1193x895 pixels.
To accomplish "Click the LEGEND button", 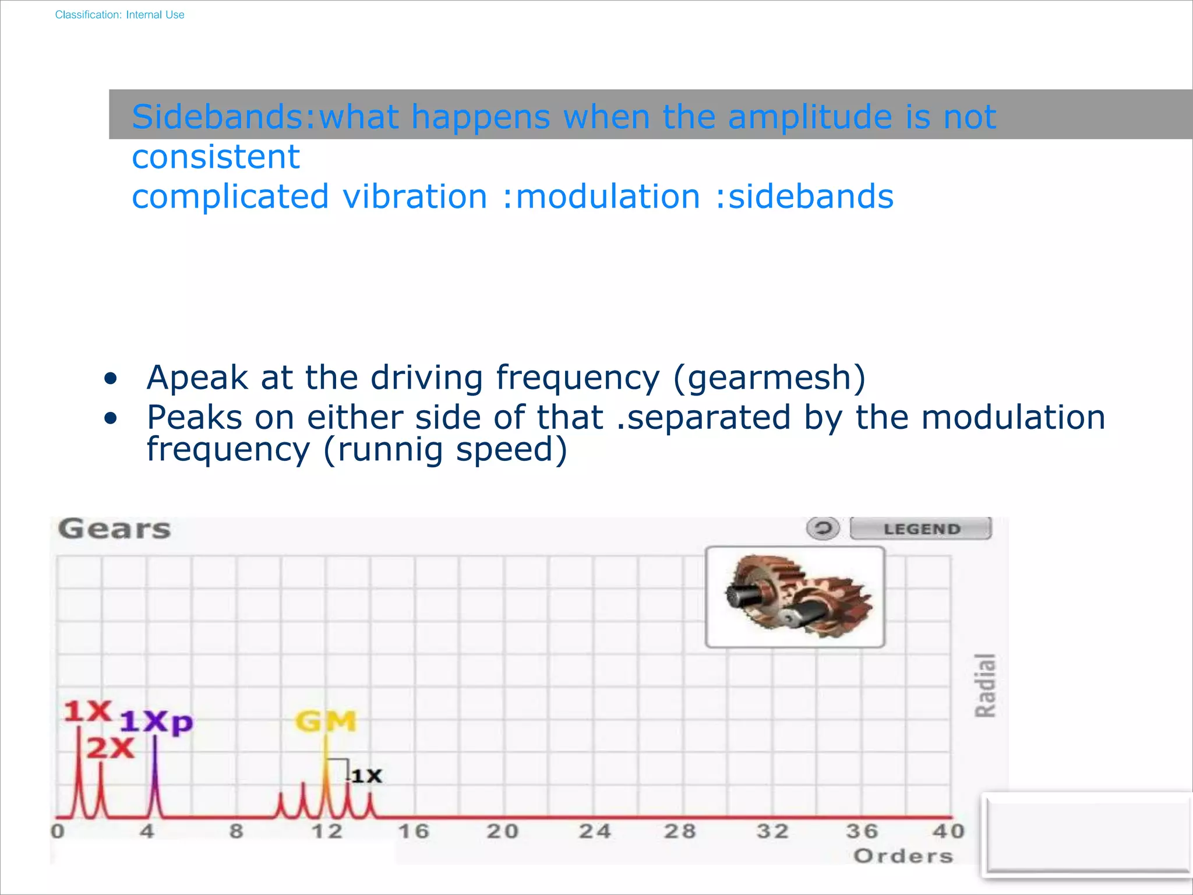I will [x=920, y=528].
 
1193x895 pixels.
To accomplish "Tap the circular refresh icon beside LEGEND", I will [x=823, y=528].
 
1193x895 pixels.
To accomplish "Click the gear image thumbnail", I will [x=795, y=597].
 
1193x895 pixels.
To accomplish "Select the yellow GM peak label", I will [x=326, y=721].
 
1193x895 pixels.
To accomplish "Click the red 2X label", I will [x=111, y=748].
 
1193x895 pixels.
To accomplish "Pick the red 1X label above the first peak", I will [x=87, y=711].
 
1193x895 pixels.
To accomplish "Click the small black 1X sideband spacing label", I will [x=367, y=776].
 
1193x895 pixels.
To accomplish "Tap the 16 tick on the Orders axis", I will [x=414, y=831].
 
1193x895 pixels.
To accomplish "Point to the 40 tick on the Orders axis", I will [x=948, y=831].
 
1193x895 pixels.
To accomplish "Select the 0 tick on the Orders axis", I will [x=58, y=831].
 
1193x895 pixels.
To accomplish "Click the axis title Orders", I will [x=903, y=856].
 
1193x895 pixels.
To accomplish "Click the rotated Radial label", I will [x=986, y=685].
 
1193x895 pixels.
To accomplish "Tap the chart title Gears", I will [x=115, y=529].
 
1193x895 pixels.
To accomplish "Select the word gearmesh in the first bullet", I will [x=769, y=378].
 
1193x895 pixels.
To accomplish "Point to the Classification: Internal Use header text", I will [x=119, y=15].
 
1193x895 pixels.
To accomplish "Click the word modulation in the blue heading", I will [x=608, y=196].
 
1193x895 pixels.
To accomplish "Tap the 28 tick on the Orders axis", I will [x=680, y=831].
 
